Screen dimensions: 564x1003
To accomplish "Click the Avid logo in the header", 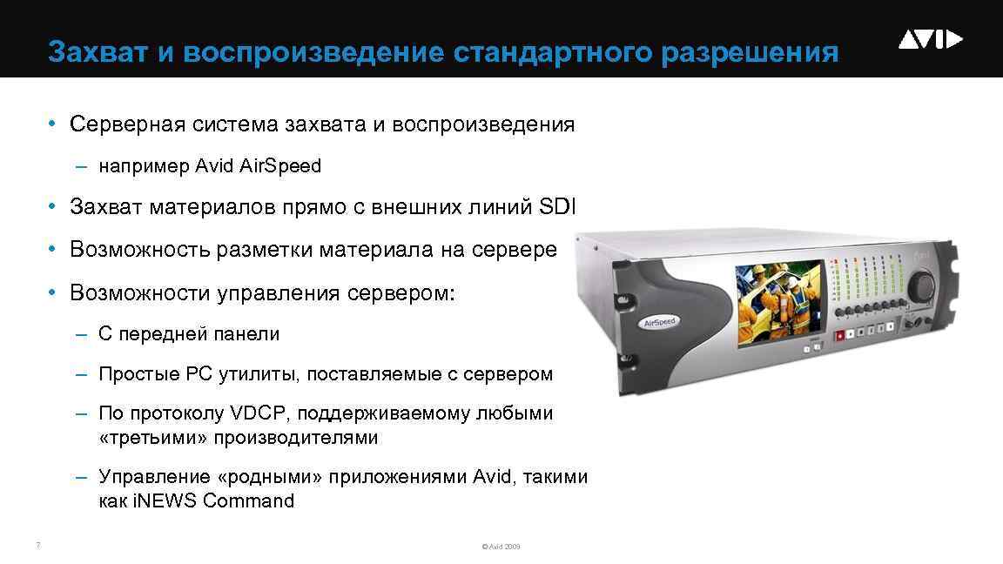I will [931, 39].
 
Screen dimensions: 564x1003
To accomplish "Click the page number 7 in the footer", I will [37, 546].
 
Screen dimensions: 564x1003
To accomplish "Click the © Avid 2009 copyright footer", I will [501, 547].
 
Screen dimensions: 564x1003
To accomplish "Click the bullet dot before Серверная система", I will [53, 124].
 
